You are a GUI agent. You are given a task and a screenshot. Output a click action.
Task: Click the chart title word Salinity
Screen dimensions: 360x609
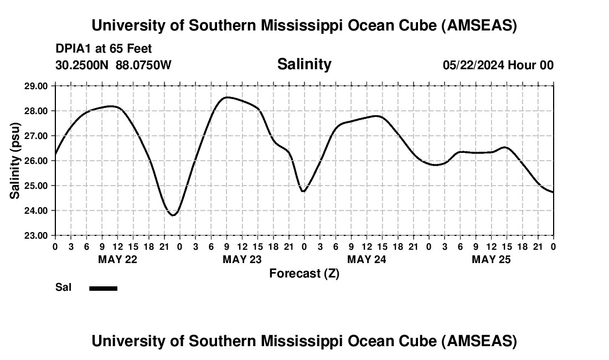304,64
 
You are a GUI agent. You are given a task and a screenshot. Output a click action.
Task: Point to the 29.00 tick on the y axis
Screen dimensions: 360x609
36,86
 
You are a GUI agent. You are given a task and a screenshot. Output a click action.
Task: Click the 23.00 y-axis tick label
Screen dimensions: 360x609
36,235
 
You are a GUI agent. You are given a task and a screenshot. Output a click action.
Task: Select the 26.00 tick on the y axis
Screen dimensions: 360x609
36,161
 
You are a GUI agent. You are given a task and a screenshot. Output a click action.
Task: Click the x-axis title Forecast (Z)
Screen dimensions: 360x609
304,273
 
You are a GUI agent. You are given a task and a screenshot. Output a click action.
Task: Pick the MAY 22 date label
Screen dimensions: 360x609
117,259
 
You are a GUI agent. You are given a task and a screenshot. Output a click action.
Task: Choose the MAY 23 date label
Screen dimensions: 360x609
242,259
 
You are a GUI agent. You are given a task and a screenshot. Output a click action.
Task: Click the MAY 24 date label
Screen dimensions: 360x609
367,259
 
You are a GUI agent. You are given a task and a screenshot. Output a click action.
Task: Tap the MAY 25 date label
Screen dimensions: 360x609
491,259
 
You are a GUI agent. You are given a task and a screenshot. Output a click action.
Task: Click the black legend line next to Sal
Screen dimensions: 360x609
103,288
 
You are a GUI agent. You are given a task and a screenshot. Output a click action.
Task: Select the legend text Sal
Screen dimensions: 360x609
63,287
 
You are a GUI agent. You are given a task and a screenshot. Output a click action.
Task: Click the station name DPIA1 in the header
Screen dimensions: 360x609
71,49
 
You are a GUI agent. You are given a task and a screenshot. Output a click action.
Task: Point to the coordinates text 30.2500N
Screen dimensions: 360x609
83,65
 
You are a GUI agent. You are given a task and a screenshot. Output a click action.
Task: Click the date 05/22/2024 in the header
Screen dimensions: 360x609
473,65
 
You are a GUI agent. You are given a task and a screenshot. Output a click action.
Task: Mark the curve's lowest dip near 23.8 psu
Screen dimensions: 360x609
173,215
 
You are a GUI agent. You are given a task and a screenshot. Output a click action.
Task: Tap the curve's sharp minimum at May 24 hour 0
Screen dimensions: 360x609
303,191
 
